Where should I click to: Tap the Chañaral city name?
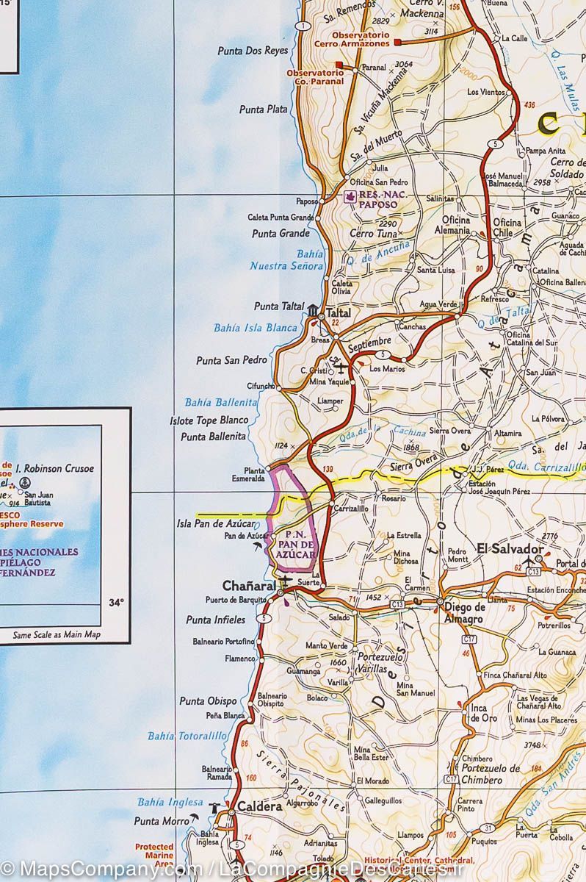[248, 586]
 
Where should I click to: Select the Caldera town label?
[259, 806]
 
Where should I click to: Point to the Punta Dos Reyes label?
[253, 51]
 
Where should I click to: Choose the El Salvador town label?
[510, 548]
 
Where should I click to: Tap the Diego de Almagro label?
[464, 613]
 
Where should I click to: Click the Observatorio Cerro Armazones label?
[361, 39]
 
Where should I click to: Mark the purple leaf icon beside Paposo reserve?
[350, 196]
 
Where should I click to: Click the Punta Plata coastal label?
[263, 110]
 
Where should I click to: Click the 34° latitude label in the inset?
[115, 603]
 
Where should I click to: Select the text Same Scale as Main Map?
[57, 634]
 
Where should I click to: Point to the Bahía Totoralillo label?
[187, 735]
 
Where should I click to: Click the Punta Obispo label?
[208, 701]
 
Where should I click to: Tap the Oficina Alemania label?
[455, 225]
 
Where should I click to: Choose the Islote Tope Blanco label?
[209, 421]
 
